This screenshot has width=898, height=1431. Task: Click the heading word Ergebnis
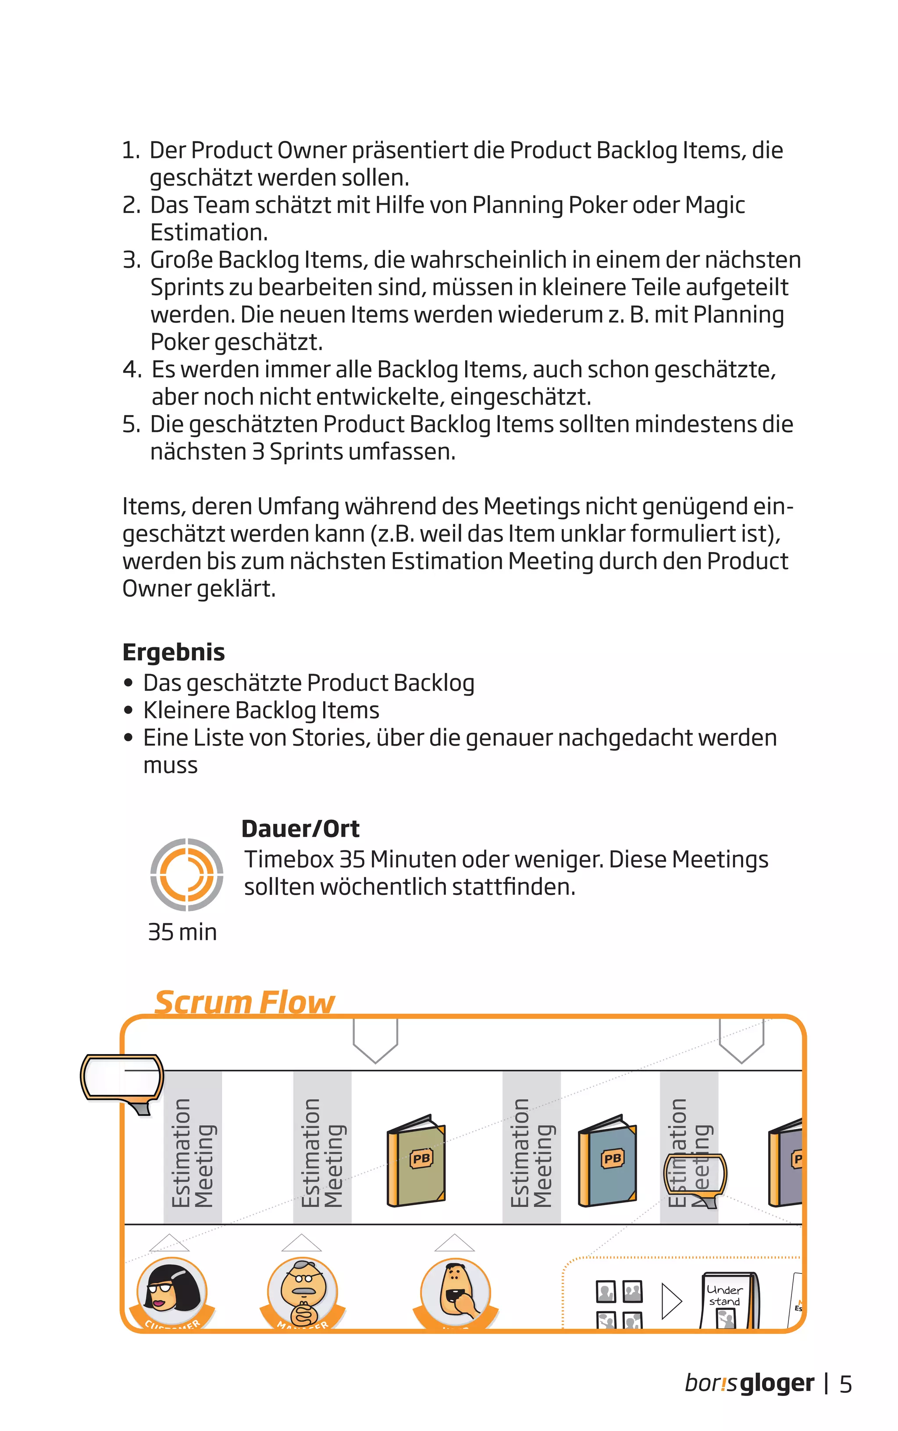[x=174, y=653]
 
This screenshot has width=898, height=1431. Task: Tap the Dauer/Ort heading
[x=300, y=828]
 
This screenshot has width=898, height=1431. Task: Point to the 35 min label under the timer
[x=182, y=932]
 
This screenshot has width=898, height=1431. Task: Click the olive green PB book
[x=417, y=1161]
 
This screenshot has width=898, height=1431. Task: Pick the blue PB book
[x=608, y=1161]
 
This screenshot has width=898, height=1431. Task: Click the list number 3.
[x=131, y=260]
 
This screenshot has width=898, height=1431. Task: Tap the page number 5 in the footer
[x=846, y=1384]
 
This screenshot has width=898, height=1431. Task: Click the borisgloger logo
[x=749, y=1384]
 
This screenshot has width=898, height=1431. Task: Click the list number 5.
[x=131, y=424]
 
